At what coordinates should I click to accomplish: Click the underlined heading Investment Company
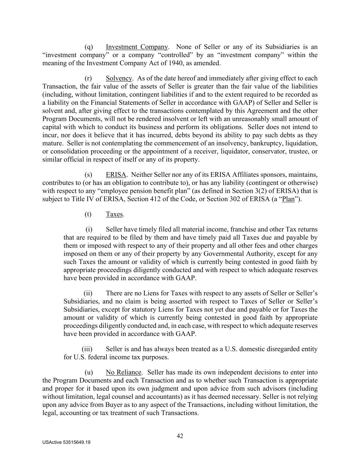(x=137, y=47)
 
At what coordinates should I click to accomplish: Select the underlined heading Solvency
(x=119, y=78)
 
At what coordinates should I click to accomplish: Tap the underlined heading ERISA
(x=116, y=175)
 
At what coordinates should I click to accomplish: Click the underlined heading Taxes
(x=114, y=214)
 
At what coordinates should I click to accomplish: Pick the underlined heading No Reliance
(x=124, y=372)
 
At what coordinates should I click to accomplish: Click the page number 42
(x=180, y=436)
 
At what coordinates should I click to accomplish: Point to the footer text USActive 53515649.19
(x=67, y=442)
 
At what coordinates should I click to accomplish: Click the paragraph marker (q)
(x=88, y=47)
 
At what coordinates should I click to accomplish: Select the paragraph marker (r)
(x=88, y=78)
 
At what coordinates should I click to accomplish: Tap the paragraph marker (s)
(x=88, y=175)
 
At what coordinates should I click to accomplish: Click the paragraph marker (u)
(x=88, y=372)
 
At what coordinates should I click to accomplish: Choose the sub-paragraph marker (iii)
(x=87, y=349)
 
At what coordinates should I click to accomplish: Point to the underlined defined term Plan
(x=288, y=199)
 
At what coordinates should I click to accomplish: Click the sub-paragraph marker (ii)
(x=88, y=293)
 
